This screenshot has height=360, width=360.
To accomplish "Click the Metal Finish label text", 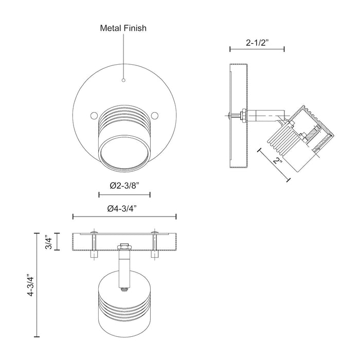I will click(123, 28).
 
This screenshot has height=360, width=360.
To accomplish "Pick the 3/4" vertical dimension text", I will click(48, 240).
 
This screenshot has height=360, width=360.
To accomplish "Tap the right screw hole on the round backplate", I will click(155, 115).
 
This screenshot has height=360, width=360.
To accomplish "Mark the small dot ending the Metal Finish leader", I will click(123, 80).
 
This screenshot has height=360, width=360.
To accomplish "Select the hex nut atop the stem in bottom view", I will click(123, 247).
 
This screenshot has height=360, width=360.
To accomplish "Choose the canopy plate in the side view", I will click(239, 117).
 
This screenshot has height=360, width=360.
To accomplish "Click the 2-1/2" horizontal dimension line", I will click(257, 49).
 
